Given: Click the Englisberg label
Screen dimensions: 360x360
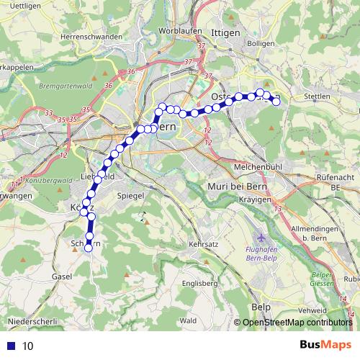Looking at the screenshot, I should (x=200, y=283).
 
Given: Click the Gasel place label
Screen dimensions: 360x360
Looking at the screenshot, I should (x=62, y=276).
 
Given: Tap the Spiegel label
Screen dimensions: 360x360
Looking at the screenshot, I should (x=130, y=195).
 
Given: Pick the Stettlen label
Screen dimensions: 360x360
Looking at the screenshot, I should (x=317, y=96).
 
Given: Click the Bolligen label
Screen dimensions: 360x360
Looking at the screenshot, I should (x=260, y=43).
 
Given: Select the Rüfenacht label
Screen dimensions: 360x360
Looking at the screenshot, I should (x=335, y=176).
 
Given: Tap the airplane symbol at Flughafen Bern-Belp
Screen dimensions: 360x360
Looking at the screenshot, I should (x=260, y=237).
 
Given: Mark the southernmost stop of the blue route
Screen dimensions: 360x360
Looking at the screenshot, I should (x=89, y=248).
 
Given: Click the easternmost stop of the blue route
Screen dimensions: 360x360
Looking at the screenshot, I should (x=275, y=102).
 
